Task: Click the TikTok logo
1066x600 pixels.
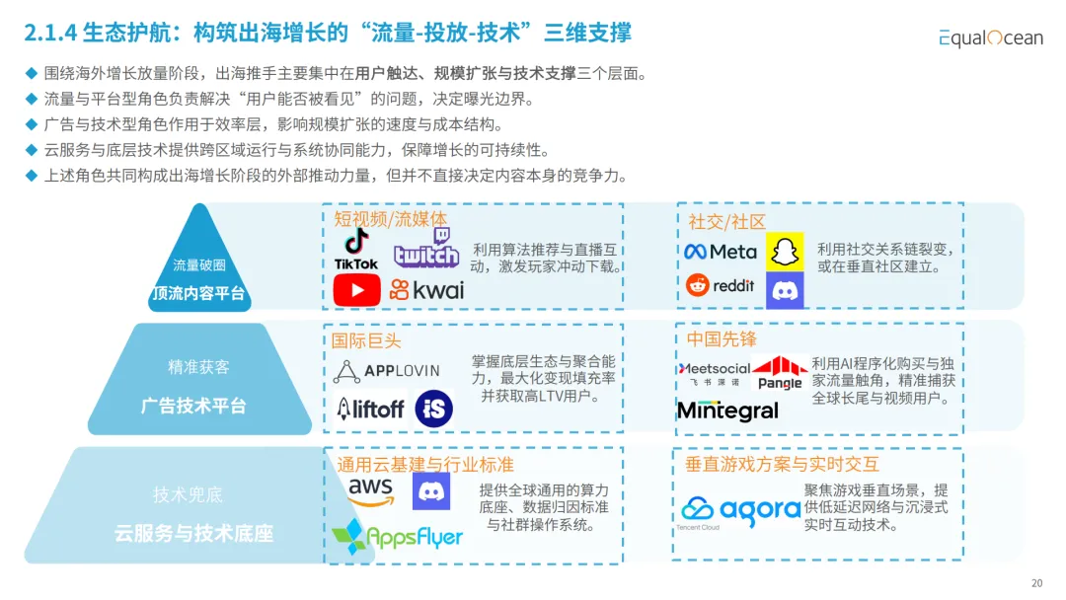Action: tap(356, 249)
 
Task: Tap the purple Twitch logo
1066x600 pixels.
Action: tap(426, 248)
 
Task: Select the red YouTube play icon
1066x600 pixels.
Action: tap(356, 289)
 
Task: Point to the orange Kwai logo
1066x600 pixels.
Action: tap(426, 289)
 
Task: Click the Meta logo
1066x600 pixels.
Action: tap(721, 252)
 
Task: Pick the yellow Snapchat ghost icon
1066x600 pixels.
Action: tap(786, 251)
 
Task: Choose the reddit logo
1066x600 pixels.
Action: tap(721, 285)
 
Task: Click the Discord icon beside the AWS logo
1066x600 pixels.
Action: tap(431, 490)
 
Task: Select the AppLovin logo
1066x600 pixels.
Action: tap(387, 371)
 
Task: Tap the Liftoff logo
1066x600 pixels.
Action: tap(370, 408)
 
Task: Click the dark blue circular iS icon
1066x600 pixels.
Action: tap(434, 408)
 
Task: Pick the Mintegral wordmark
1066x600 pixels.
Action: tap(728, 411)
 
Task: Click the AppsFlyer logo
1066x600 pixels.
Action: tap(398, 536)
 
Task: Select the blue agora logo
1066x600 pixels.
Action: tap(740, 509)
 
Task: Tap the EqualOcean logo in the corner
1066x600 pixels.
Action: tap(990, 37)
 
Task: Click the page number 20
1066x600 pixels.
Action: tap(1036, 582)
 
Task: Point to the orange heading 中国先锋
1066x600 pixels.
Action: tap(722, 339)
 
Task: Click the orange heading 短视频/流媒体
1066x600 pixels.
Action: tap(390, 219)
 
